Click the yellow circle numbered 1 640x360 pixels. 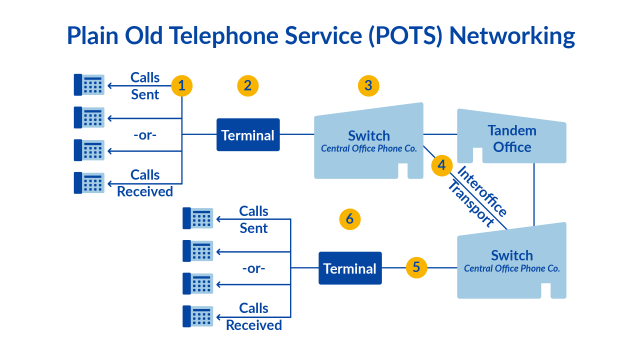pos(181,85)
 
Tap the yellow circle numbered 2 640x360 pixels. pos(247,85)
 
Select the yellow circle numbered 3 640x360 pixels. pos(369,85)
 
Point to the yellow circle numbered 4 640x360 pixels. pos(440,164)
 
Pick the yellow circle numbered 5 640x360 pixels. pos(417,267)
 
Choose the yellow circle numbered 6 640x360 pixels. pos(348,217)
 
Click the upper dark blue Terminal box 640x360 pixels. pos(248,134)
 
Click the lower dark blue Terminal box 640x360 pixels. pos(350,268)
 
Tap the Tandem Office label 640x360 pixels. pos(511,139)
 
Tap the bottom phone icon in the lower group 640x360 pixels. pos(197,316)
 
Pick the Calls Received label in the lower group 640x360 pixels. pos(253,316)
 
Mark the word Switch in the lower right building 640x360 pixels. pos(511,255)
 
